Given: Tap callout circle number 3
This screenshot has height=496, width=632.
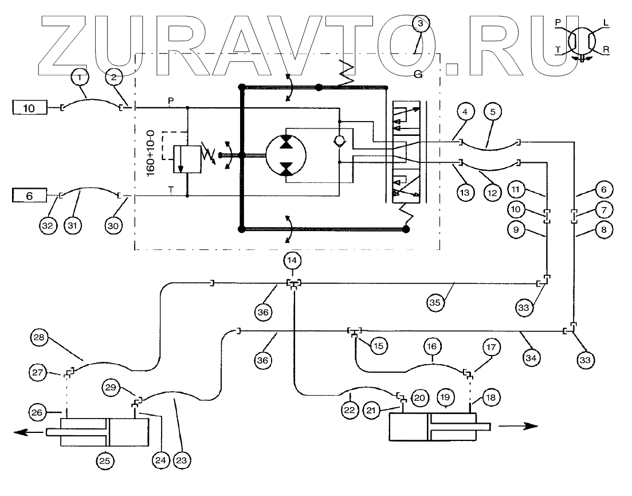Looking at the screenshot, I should coord(421,24).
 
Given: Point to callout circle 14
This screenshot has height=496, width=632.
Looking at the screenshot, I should coord(293,260).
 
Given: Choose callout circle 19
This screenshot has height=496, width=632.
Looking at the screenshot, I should coord(445,397).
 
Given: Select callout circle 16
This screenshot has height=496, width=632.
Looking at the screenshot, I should coord(433,346).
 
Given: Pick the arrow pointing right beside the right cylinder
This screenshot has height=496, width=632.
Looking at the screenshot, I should coord(518,426).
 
